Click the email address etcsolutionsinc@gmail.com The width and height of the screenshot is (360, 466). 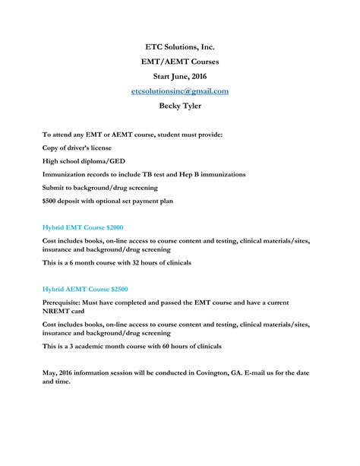click(x=179, y=91)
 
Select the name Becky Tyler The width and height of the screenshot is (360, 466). click(x=179, y=106)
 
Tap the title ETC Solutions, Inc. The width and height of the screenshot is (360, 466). click(x=179, y=47)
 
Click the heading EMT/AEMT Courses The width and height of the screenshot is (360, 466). click(x=179, y=62)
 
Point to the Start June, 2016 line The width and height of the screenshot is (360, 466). click(x=179, y=76)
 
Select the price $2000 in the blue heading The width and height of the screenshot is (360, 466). click(x=112, y=227)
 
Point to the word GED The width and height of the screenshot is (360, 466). click(x=112, y=161)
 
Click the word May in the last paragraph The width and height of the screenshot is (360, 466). click(x=51, y=373)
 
